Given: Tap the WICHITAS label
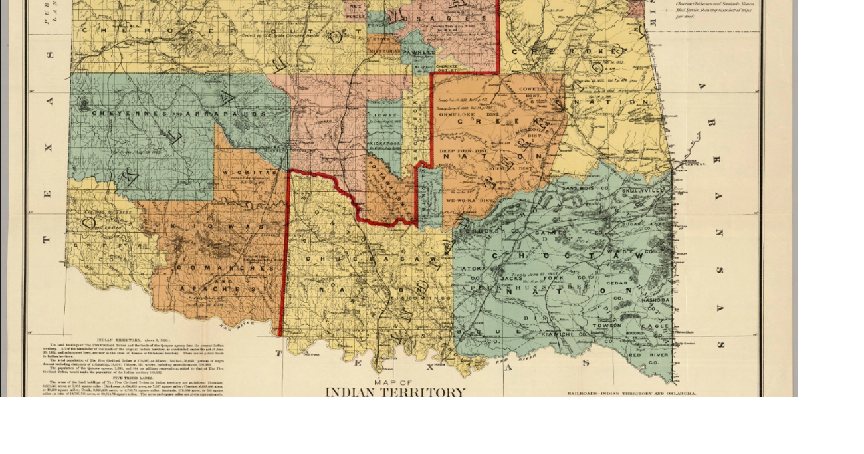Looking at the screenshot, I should [241, 173].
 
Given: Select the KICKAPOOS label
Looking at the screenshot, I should [383, 143].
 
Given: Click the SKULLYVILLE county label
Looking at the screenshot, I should [643, 191].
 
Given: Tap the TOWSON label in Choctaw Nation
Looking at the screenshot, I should [608, 326].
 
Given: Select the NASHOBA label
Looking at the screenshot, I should [655, 300].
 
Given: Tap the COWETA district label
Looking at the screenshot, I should [532, 88].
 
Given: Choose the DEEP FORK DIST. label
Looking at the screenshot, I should [463, 151].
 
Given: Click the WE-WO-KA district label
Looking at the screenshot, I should [468, 199].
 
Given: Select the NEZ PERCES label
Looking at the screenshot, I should [355, 11].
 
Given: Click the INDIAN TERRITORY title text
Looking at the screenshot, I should [395, 392].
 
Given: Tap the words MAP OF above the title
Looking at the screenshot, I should [393, 382].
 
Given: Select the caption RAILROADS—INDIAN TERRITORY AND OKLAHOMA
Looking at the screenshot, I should [631, 394].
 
